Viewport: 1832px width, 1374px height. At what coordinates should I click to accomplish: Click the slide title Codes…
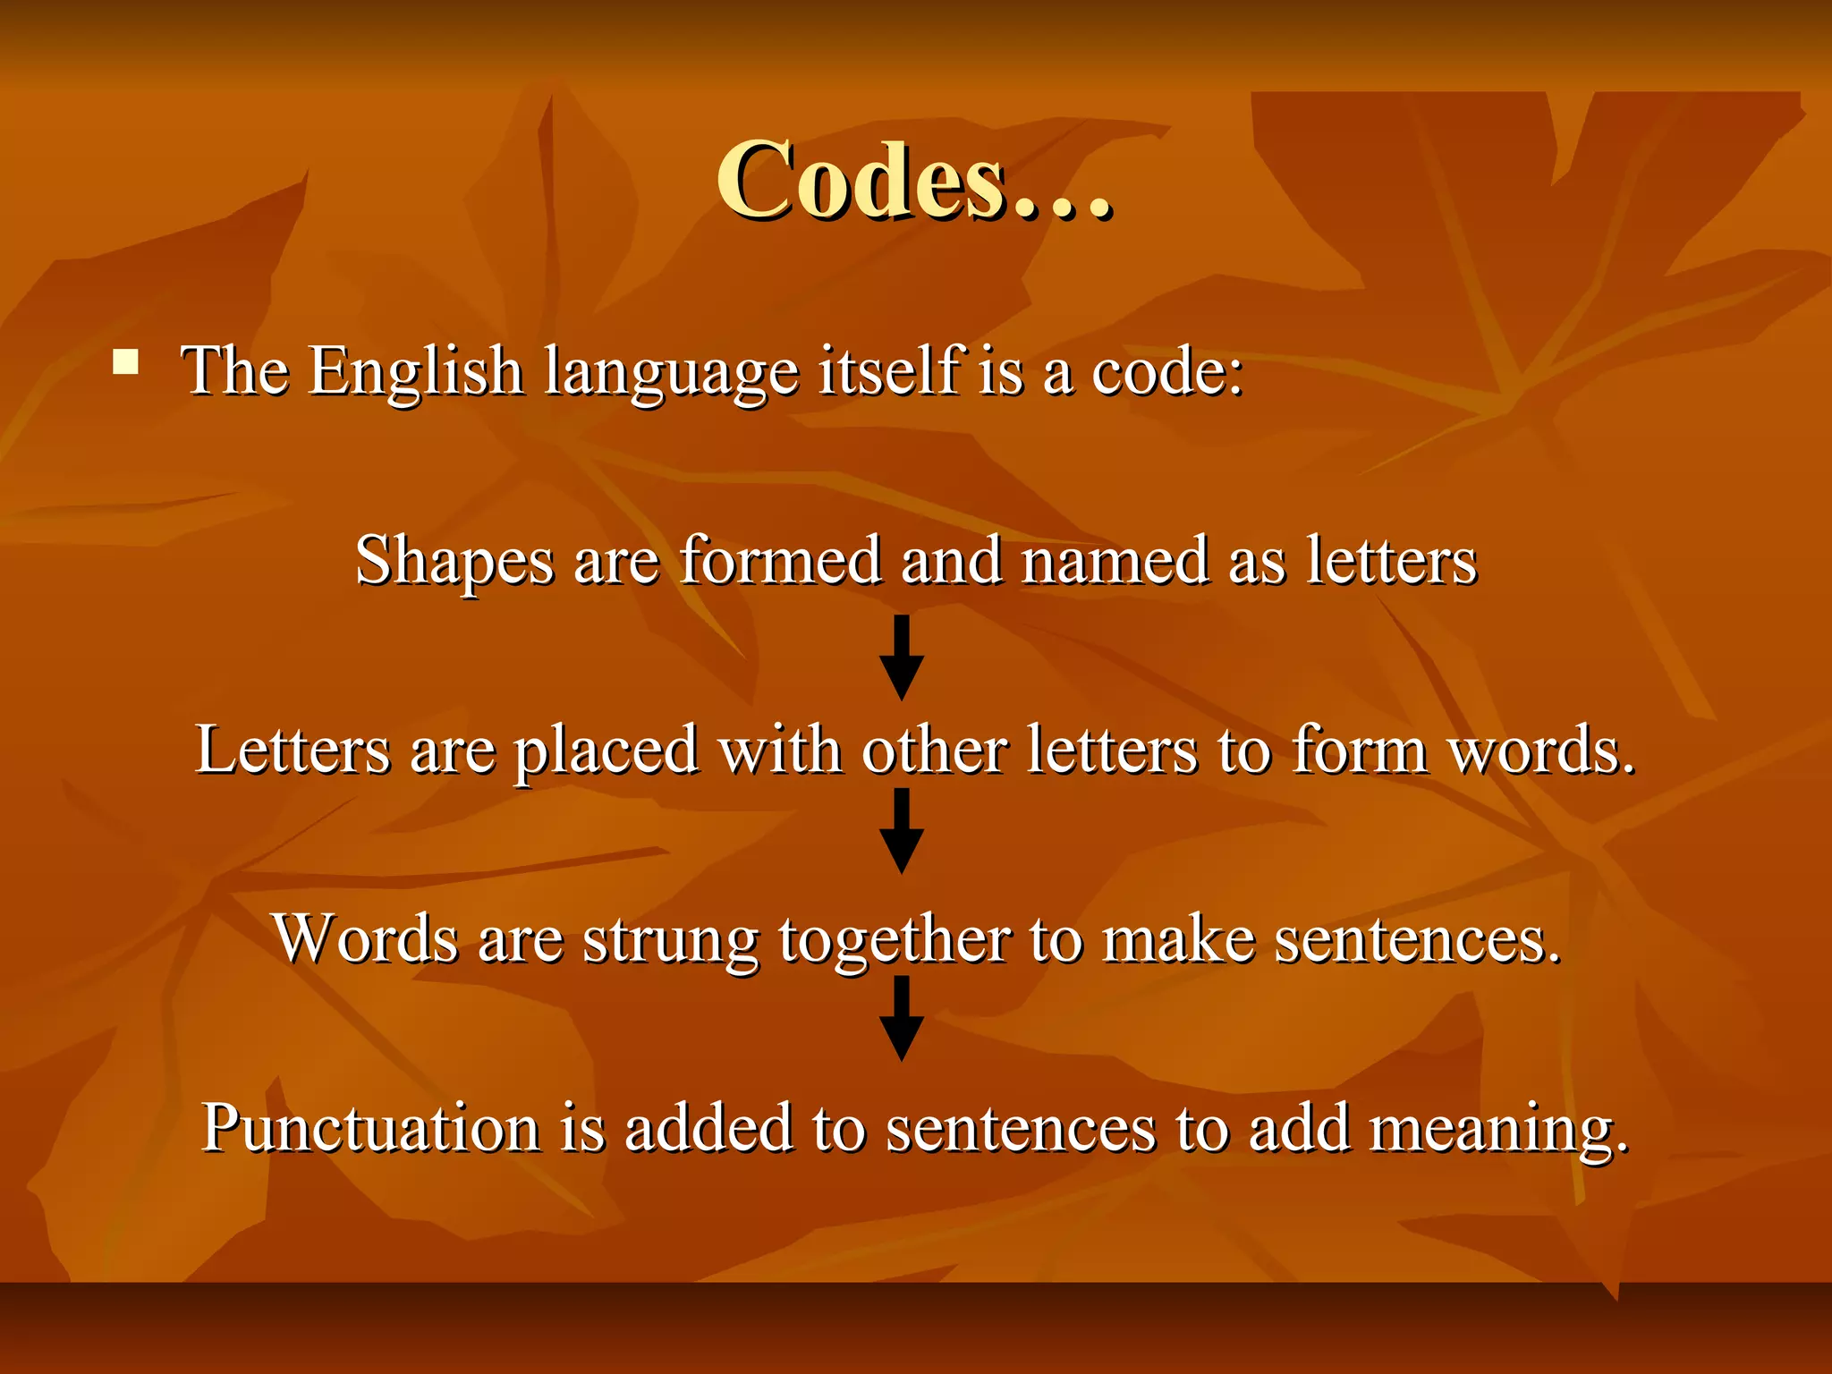pyautogui.click(x=914, y=182)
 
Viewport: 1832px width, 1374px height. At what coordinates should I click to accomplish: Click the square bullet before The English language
pyautogui.click(x=126, y=362)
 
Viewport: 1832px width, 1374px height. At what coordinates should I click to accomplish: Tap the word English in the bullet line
pyautogui.click(x=415, y=371)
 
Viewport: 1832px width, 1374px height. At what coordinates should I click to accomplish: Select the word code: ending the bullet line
pyautogui.click(x=1168, y=371)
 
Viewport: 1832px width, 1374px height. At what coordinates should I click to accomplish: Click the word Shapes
pyautogui.click(x=454, y=562)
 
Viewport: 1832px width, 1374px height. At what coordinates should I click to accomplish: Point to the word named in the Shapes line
pyautogui.click(x=1115, y=561)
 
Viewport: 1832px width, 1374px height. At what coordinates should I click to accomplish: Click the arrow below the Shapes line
pyautogui.click(x=902, y=657)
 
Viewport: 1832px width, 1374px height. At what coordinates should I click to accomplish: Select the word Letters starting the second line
pyautogui.click(x=293, y=750)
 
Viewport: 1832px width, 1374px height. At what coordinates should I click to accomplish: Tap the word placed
pyautogui.click(x=606, y=751)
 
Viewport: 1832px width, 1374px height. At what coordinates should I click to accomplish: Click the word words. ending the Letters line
pyautogui.click(x=1541, y=750)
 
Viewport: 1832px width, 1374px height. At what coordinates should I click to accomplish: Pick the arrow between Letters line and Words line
pyautogui.click(x=902, y=831)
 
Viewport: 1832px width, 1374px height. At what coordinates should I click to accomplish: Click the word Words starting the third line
pyautogui.click(x=366, y=939)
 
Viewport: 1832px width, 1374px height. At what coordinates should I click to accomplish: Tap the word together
pyautogui.click(x=895, y=941)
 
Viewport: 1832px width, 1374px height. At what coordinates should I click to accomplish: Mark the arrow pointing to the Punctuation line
pyautogui.click(x=902, y=1019)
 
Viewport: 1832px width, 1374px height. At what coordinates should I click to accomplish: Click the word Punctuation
pyautogui.click(x=370, y=1129)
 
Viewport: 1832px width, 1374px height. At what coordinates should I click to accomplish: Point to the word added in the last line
pyautogui.click(x=708, y=1129)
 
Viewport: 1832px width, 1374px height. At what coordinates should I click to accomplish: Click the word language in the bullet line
pyautogui.click(x=671, y=373)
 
